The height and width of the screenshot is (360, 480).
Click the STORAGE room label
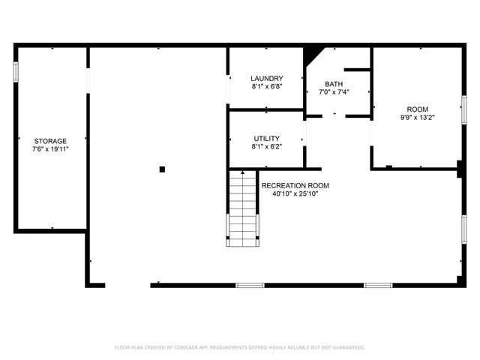50,141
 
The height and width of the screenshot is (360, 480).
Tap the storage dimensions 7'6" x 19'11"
50,149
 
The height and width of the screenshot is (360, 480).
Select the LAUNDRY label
266,78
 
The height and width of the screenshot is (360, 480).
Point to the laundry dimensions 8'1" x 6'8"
266,86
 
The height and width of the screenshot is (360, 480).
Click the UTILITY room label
266,138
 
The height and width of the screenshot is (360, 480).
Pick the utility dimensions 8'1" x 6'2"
266,146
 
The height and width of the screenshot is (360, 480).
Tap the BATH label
334,84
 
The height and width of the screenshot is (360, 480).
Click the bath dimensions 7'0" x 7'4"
334,92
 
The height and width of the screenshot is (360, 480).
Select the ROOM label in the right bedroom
417,108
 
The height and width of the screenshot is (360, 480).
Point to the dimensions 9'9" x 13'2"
417,116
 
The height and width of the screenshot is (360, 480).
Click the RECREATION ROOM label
295,185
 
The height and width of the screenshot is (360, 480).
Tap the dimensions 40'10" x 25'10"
295,194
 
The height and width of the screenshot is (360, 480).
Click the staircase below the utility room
242,208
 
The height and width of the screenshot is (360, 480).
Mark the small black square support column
162,169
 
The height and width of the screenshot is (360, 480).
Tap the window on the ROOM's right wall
464,109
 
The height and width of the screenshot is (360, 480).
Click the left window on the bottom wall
250,285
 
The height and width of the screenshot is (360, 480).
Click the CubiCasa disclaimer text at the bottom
240,347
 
